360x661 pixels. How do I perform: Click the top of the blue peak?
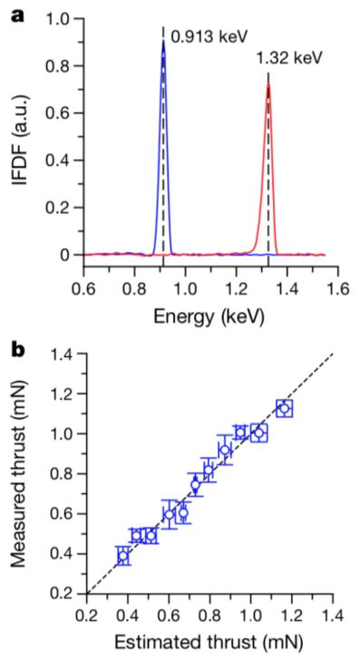tap(163, 41)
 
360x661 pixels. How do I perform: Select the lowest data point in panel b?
tap(123, 556)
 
